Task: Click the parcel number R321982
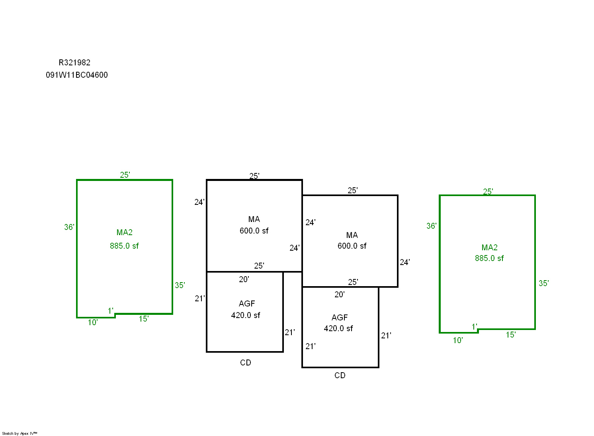coord(74,63)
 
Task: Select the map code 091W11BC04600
coord(77,75)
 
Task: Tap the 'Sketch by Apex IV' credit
coord(20,433)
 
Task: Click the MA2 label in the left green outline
coord(124,232)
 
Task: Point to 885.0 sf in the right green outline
coord(489,258)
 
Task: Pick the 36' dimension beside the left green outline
coord(69,227)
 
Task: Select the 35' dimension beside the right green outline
coord(543,283)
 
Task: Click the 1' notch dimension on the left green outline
coord(110,310)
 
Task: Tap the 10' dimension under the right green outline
coord(457,340)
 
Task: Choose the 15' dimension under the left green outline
coord(143,319)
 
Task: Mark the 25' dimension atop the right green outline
coord(488,192)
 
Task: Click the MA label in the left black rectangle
coord(254,219)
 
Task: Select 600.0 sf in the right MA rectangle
coord(352,246)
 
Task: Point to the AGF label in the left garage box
coord(247,304)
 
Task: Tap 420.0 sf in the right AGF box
coord(338,328)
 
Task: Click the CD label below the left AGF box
coord(246,363)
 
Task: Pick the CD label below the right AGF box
coord(340,375)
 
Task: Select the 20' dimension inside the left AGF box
coord(244,279)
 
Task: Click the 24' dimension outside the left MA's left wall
coord(199,202)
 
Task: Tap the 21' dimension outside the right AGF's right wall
coord(386,336)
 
